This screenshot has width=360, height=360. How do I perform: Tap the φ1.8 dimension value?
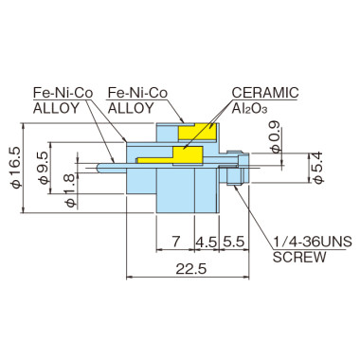pos(68,179)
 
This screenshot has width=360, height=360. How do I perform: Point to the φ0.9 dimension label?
pos(275,141)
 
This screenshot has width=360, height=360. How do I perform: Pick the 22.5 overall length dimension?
pos(191,270)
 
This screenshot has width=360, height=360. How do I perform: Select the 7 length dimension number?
pos(177,241)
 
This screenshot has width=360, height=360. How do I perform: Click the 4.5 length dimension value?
pos(206,241)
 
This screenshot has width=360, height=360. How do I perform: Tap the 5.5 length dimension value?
pos(234,241)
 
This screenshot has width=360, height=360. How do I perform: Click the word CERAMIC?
pos(265,93)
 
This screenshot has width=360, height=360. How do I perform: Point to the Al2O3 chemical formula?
pos(254,108)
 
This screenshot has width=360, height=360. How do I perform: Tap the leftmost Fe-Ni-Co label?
pos(63,93)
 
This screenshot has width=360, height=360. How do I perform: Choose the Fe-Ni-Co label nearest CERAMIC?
pos(139,93)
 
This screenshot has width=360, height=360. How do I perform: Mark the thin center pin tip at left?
pos(100,168)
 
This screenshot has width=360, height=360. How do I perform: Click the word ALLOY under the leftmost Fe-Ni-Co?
pos(58,108)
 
